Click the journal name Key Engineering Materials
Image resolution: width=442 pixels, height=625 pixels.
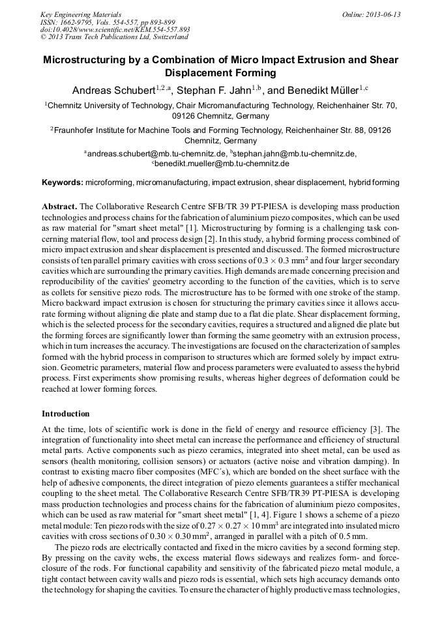(x=81, y=14)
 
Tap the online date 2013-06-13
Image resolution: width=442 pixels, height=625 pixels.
(x=383, y=14)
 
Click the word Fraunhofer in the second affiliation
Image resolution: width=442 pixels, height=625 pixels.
(x=78, y=130)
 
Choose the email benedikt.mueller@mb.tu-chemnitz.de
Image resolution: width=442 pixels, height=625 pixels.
(x=222, y=164)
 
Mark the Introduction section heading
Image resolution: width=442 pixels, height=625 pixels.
(x=66, y=414)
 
